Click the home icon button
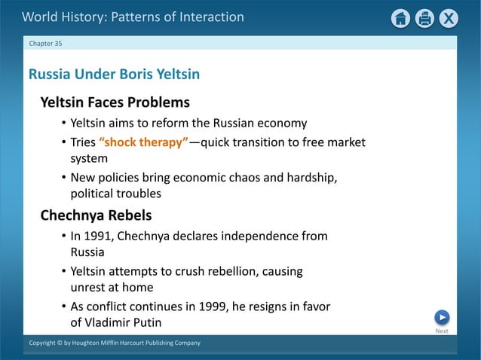click(401, 18)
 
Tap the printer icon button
click(425, 18)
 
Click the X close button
click(449, 18)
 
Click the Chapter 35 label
click(46, 44)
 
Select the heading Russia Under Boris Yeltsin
click(114, 75)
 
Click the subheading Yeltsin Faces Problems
click(115, 102)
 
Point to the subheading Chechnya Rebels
click(96, 215)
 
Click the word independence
click(259, 236)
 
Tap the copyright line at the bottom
click(115, 343)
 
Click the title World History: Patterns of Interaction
click(133, 17)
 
